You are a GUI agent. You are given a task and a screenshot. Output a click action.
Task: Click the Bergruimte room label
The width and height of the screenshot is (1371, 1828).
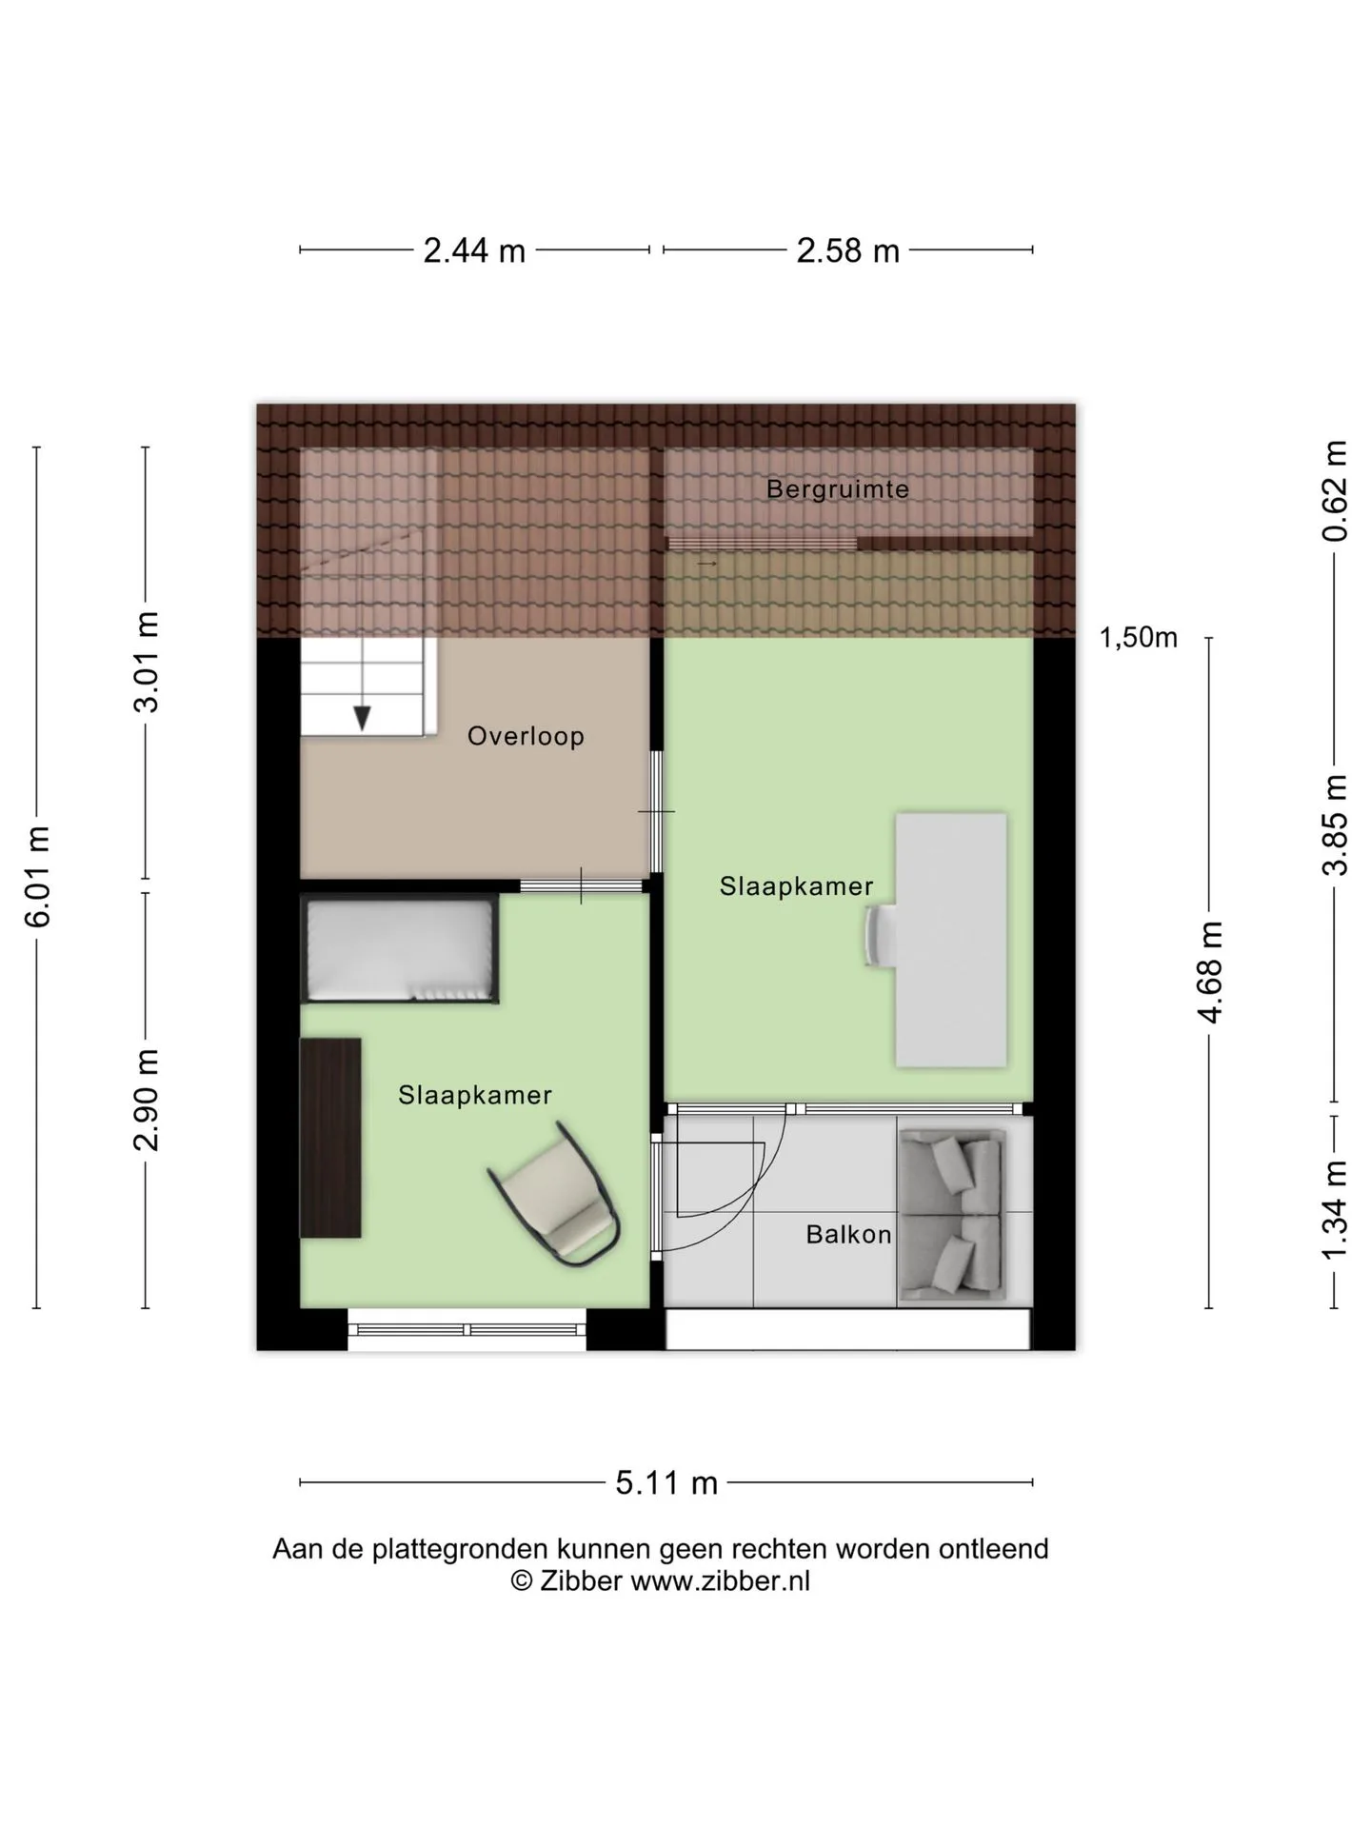click(x=837, y=489)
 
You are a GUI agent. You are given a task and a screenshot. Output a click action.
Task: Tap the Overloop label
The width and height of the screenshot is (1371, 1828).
click(x=526, y=736)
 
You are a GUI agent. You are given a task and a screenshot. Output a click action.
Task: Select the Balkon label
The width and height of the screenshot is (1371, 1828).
click(x=848, y=1234)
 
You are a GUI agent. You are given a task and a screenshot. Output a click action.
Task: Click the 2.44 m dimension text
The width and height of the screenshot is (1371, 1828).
click(x=474, y=250)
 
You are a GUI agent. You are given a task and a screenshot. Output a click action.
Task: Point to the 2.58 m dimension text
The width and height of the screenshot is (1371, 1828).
click(x=847, y=250)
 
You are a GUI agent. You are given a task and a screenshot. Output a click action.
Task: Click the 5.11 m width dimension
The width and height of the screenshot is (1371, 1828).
click(x=666, y=1482)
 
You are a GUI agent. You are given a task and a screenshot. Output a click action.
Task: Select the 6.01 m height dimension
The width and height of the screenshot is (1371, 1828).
click(x=37, y=876)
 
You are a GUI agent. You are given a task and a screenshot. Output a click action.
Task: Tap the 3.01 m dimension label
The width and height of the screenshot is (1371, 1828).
click(x=147, y=663)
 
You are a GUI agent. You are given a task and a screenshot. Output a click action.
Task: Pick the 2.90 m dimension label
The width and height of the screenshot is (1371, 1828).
click(x=147, y=1100)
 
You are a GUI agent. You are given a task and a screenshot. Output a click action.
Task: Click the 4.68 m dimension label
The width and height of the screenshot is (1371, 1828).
click(x=1209, y=972)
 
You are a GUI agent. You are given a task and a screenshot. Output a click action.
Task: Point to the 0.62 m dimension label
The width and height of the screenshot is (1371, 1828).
click(x=1335, y=490)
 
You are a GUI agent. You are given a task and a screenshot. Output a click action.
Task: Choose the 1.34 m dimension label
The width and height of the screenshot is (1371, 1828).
click(x=1335, y=1209)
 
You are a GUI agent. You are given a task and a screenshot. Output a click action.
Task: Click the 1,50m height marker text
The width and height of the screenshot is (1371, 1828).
click(x=1139, y=638)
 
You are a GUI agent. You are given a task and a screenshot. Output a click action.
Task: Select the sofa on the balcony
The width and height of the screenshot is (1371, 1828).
click(x=952, y=1215)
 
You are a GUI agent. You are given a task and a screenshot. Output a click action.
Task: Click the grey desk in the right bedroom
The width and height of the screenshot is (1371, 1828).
click(x=951, y=940)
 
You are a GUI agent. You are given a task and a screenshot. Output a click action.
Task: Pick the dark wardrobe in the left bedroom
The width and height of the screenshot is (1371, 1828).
click(x=330, y=1138)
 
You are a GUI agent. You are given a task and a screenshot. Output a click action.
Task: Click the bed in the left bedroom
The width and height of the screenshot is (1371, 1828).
click(x=400, y=948)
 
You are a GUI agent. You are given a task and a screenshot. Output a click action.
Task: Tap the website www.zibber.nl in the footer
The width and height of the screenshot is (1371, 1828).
click(x=721, y=1581)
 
